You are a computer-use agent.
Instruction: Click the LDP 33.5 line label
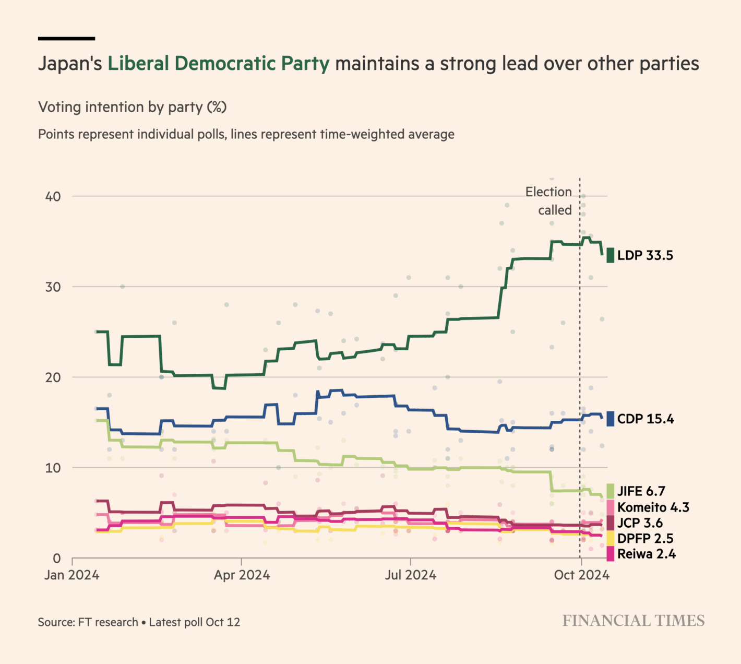[645, 255]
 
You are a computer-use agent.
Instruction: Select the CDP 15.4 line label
[646, 419]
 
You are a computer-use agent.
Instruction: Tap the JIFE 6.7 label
[641, 491]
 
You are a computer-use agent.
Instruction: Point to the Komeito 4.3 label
[653, 507]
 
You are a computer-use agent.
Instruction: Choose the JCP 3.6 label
[640, 523]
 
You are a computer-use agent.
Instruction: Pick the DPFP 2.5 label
[645, 539]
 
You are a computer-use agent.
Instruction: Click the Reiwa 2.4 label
[646, 554]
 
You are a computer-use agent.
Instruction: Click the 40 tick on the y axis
[53, 197]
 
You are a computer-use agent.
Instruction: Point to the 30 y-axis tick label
[53, 287]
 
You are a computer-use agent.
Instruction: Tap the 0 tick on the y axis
[56, 559]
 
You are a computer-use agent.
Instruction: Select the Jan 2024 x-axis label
[72, 575]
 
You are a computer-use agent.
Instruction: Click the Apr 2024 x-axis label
[242, 575]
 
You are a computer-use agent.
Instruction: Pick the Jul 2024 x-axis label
[411, 575]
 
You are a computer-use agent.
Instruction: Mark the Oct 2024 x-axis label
[581, 575]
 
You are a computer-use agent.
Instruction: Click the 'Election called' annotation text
[549, 201]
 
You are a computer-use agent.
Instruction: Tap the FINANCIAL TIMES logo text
[633, 621]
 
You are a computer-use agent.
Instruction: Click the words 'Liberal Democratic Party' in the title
[218, 64]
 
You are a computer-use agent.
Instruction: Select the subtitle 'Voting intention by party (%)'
[133, 107]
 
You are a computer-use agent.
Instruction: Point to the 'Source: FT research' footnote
[88, 622]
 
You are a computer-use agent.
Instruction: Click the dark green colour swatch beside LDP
[610, 255]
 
